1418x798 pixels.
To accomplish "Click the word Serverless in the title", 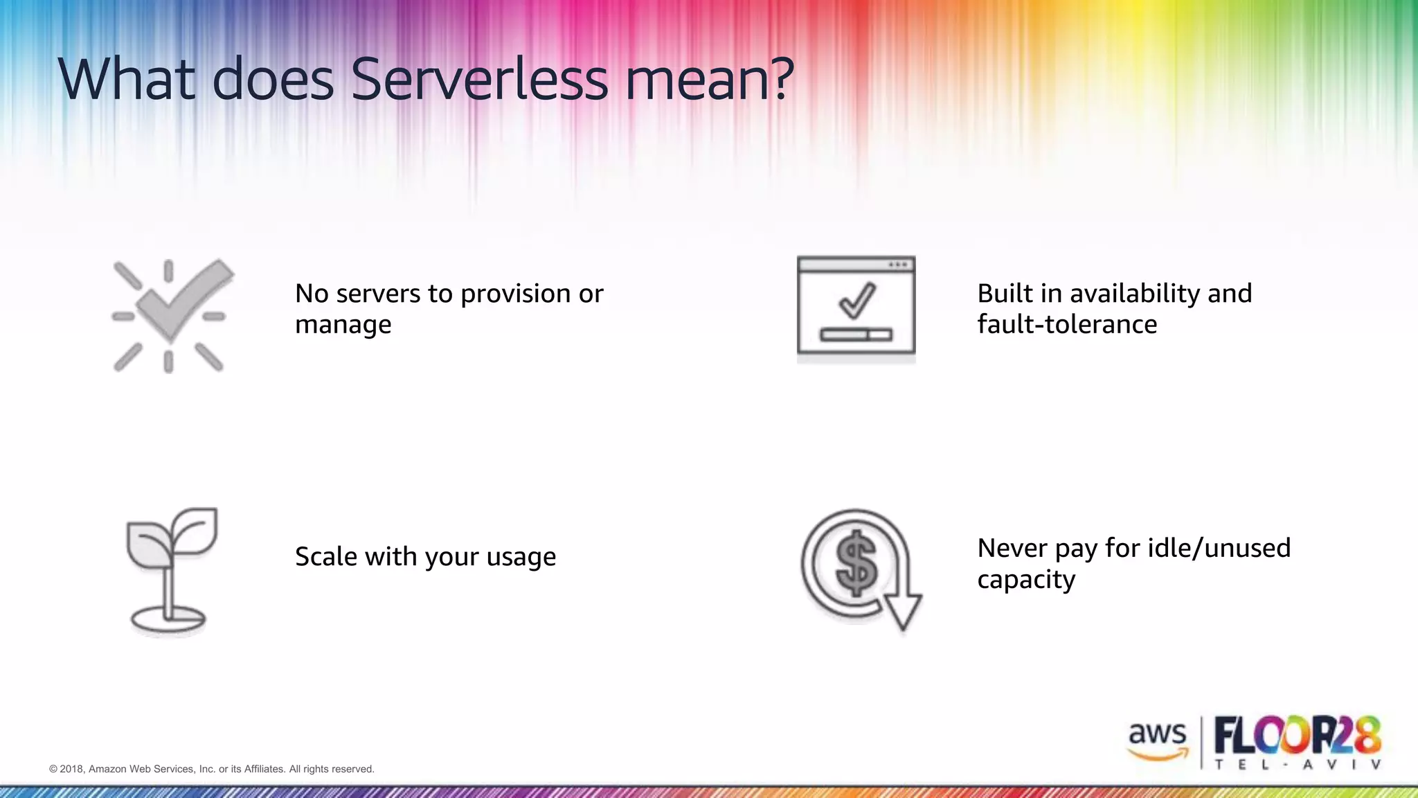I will tap(479, 80).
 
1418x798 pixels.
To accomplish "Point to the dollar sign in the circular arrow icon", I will tap(856, 563).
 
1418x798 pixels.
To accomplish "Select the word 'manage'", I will tap(343, 325).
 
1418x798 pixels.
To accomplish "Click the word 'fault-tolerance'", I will tap(1066, 324).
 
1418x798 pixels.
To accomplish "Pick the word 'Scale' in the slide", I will tap(325, 556).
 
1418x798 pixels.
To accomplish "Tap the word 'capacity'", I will tap(1025, 580).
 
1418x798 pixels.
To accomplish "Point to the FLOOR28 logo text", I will tap(1298, 736).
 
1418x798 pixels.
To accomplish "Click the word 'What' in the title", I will tap(126, 80).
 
